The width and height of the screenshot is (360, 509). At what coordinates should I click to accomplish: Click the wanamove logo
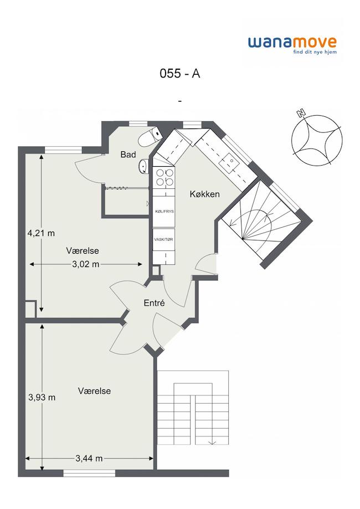pyautogui.click(x=292, y=45)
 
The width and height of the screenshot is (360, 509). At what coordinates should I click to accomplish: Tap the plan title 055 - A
pyautogui.click(x=179, y=74)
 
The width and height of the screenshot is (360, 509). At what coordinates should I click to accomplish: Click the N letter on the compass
pyautogui.click(x=301, y=114)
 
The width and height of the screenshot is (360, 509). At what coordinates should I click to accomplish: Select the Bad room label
pyautogui.click(x=128, y=155)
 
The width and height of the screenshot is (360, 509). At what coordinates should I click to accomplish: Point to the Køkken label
pyautogui.click(x=204, y=194)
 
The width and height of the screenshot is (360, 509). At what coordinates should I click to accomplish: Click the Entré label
pyautogui.click(x=154, y=303)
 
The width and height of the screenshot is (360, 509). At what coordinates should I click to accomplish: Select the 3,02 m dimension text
pyautogui.click(x=86, y=264)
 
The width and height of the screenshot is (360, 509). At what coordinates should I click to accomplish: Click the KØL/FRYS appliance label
pyautogui.click(x=164, y=212)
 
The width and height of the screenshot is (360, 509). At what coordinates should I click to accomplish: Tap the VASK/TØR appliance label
pyautogui.click(x=164, y=240)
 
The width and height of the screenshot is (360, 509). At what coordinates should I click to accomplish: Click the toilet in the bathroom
pyautogui.click(x=150, y=137)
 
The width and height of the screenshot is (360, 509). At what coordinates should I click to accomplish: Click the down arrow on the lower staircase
pyautogui.click(x=212, y=442)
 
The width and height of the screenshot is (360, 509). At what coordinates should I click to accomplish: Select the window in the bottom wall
pyautogui.click(x=89, y=474)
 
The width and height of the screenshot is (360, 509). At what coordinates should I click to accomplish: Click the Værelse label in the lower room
pyautogui.click(x=94, y=391)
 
